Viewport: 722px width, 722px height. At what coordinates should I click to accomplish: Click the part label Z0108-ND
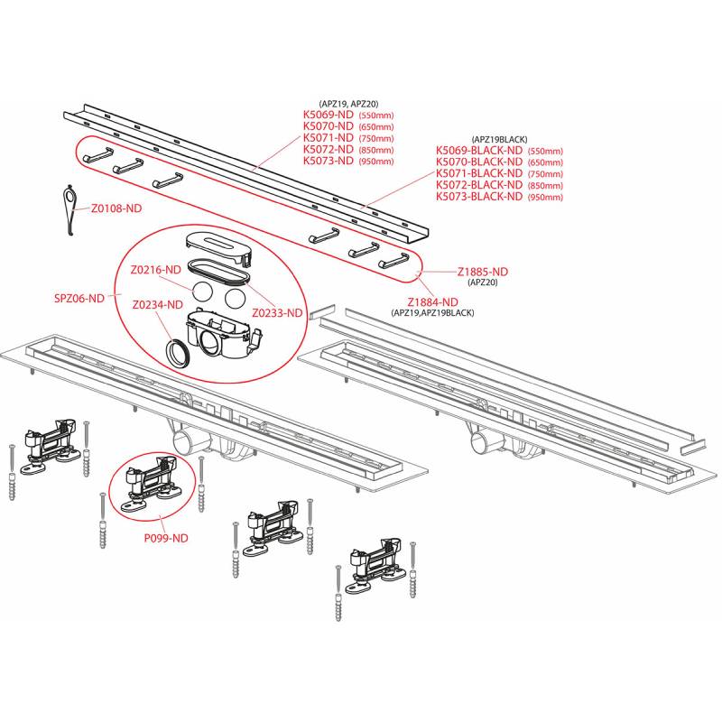pyautogui.click(x=116, y=208)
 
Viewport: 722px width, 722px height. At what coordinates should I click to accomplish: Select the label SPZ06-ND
pyautogui.click(x=79, y=298)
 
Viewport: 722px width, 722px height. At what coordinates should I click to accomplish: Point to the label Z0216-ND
pyautogui.click(x=155, y=269)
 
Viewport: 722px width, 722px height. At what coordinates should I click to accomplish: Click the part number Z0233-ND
pyautogui.click(x=277, y=312)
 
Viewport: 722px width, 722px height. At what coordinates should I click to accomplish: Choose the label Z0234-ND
pyautogui.click(x=157, y=304)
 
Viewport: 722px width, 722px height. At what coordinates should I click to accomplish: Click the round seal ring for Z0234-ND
pyautogui.click(x=178, y=352)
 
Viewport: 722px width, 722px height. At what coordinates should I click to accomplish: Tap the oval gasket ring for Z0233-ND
pyautogui.click(x=218, y=273)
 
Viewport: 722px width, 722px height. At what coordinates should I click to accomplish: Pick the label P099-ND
pyautogui.click(x=166, y=538)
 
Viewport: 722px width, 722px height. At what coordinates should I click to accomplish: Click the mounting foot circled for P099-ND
pyautogui.click(x=151, y=484)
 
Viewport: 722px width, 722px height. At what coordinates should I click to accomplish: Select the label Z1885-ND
pyautogui.click(x=483, y=272)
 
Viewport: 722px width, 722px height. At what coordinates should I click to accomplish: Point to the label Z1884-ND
pyautogui.click(x=433, y=302)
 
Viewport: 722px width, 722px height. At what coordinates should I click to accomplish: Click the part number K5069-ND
pyautogui.click(x=329, y=115)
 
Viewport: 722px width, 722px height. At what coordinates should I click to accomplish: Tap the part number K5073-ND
pyautogui.click(x=329, y=161)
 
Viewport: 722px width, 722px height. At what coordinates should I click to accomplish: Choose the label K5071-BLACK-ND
pyautogui.click(x=479, y=172)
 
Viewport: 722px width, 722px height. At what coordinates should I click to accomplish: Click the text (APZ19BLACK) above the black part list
pyautogui.click(x=500, y=139)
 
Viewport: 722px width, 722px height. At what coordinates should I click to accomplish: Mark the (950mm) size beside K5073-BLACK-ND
pyautogui.click(x=546, y=197)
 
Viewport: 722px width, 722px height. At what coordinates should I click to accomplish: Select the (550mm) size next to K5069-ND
pyautogui.click(x=376, y=116)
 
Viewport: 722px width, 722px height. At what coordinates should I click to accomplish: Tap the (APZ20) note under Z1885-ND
pyautogui.click(x=483, y=282)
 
